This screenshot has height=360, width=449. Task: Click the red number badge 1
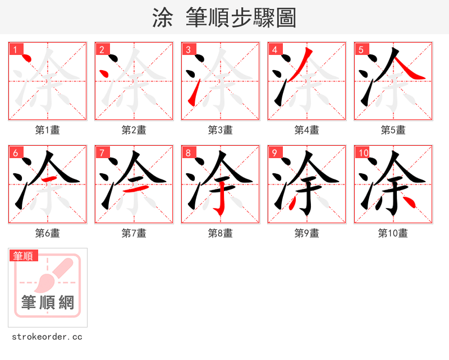[x=15, y=49]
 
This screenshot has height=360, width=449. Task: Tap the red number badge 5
[x=361, y=49]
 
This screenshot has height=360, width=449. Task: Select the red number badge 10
[x=363, y=153]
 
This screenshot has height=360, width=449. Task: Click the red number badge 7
[x=102, y=153]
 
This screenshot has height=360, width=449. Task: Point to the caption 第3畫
[x=220, y=130]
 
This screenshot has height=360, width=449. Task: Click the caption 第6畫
[x=47, y=233]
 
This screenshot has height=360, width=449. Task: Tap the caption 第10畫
[x=393, y=233]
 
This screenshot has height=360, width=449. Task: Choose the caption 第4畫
[x=306, y=130]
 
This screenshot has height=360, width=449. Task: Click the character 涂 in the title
[x=162, y=18]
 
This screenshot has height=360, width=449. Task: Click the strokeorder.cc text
[x=47, y=337]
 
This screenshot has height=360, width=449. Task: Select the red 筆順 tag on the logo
[x=24, y=256]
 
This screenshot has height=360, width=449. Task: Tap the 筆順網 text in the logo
[x=48, y=303]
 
